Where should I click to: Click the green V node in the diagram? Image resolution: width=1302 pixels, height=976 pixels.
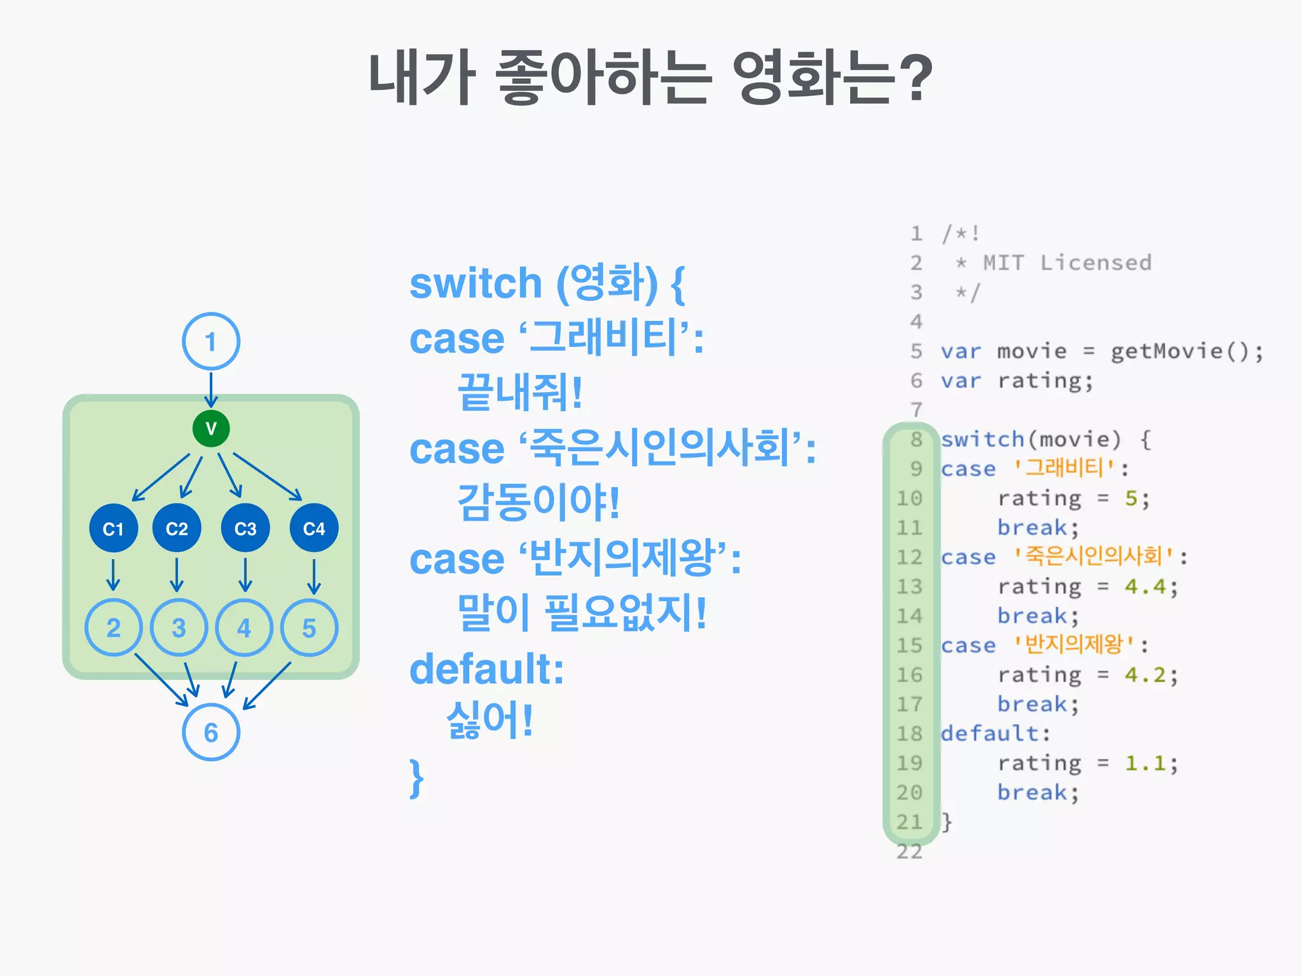coord(211,429)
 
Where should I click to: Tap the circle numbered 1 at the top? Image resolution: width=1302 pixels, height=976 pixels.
coord(211,341)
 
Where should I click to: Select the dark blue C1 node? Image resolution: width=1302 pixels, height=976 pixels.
coord(114,528)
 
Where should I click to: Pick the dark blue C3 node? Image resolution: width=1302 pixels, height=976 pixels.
coord(245,528)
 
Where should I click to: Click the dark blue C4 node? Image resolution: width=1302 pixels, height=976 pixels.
coord(314,528)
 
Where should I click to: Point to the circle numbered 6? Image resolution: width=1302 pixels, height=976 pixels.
coord(211,732)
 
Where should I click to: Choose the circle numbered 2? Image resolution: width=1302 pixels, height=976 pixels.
coord(114,628)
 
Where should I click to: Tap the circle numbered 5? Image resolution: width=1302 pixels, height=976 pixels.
coord(309,628)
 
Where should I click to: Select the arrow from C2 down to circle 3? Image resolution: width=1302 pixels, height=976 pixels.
coord(177,575)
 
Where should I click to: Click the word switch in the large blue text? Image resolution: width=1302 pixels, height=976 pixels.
coord(476,283)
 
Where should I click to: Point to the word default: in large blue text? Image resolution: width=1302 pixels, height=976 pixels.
coord(487,669)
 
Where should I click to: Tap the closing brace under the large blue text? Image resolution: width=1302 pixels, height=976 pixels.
coord(416,778)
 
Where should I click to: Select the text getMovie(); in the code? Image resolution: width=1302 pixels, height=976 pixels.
coord(1186,351)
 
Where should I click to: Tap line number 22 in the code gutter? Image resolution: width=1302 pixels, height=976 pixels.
coord(909,851)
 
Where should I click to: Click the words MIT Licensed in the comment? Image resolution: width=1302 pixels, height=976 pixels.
coord(1067,263)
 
